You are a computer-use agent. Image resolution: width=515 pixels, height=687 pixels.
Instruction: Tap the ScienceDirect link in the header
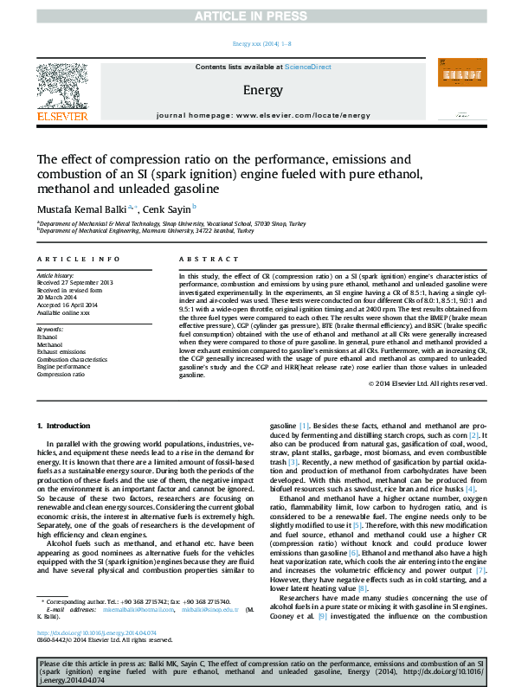point(308,67)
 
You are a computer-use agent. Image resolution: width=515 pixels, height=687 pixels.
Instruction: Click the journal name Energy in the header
point(257,90)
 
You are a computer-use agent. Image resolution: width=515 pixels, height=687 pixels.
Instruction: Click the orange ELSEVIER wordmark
point(61,116)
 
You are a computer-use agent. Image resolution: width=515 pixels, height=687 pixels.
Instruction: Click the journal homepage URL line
point(257,114)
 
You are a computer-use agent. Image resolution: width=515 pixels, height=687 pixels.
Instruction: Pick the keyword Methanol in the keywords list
point(49,344)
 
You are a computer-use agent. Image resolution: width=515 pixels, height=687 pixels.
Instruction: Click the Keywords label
point(50,330)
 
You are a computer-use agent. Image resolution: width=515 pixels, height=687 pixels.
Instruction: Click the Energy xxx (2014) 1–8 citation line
point(257,43)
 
